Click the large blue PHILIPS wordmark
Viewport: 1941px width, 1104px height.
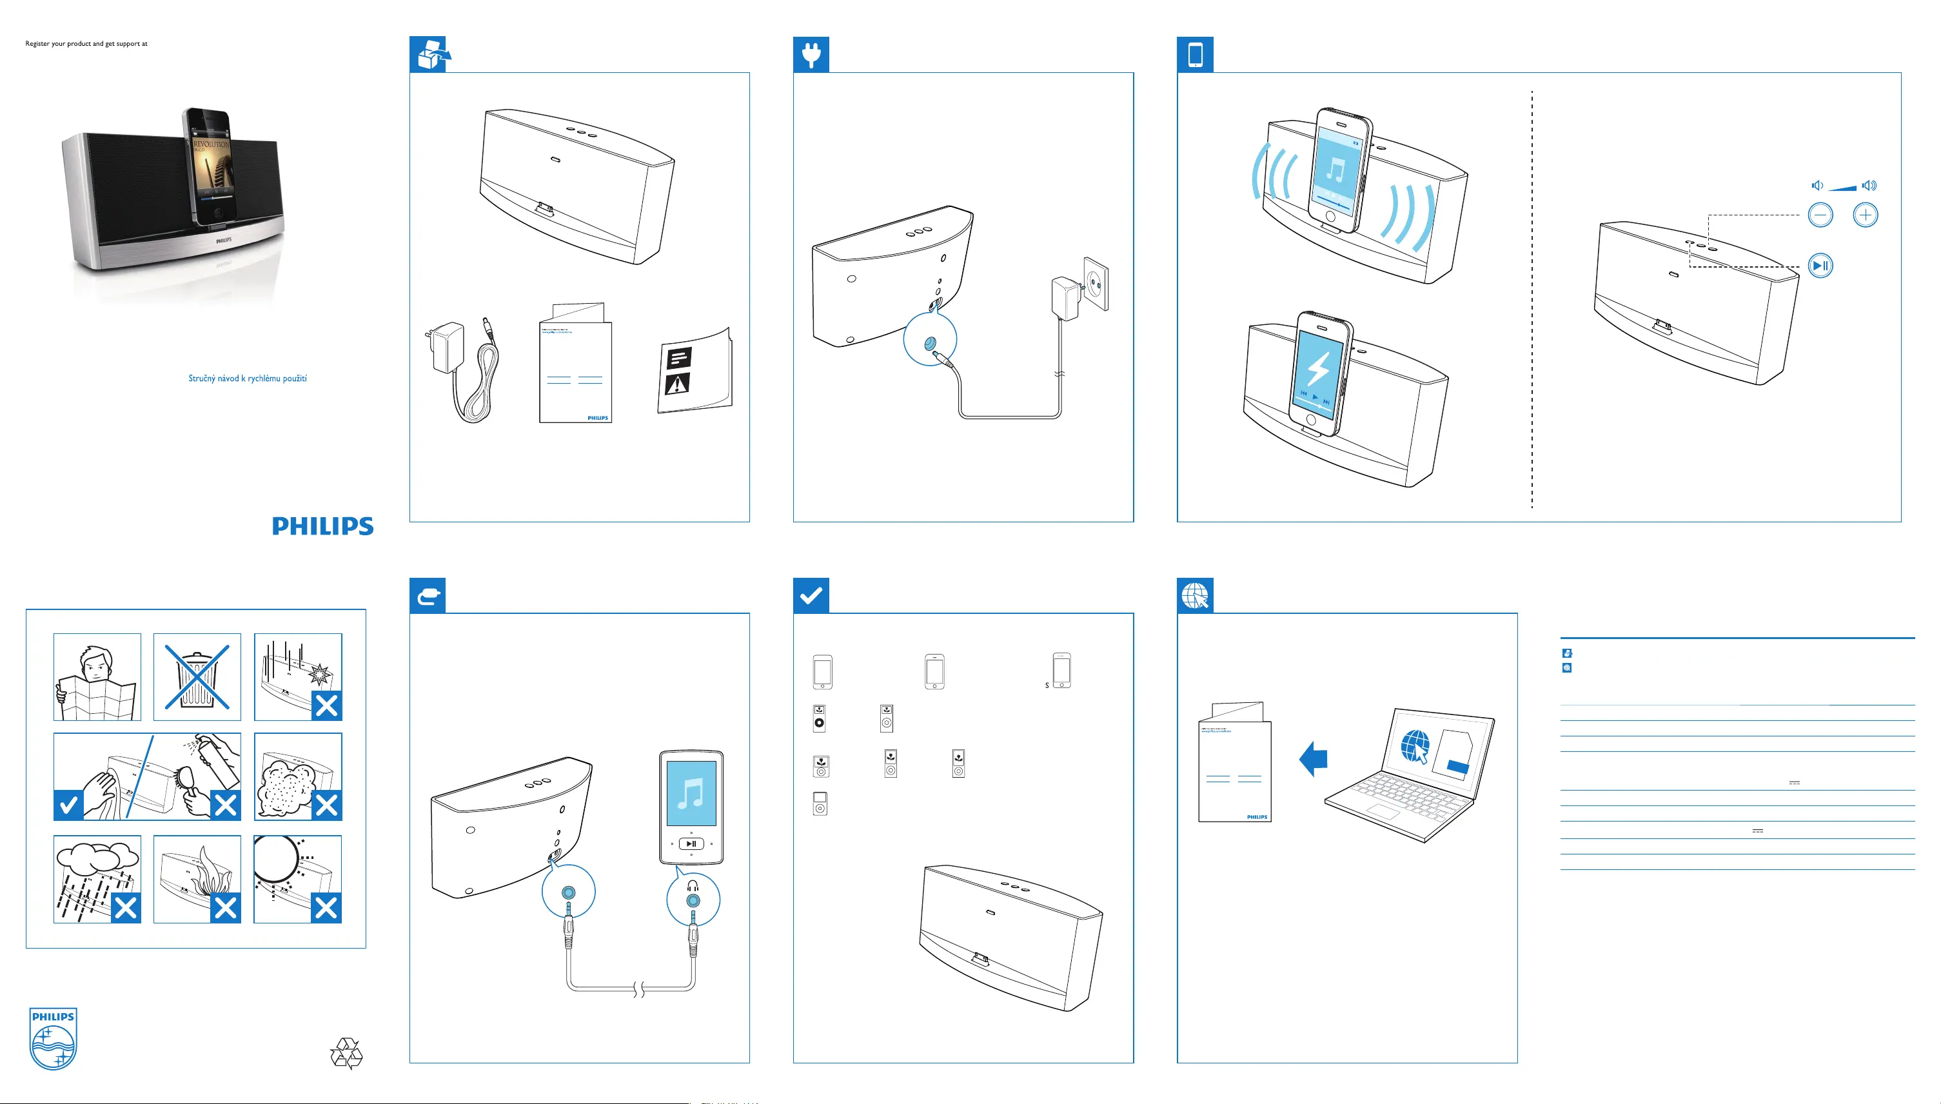323,526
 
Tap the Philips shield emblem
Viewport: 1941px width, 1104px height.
53,1038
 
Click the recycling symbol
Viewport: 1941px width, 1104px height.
346,1053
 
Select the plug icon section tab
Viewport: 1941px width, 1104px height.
811,55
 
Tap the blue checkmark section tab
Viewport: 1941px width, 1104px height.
811,596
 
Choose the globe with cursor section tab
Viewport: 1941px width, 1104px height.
1195,596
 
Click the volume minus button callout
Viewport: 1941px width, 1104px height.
1820,215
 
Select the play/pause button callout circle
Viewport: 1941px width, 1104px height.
1820,266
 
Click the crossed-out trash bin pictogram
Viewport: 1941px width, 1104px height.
197,677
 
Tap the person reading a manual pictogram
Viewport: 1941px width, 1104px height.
97,677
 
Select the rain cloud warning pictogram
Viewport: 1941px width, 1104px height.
97,879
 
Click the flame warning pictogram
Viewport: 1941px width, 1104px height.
197,879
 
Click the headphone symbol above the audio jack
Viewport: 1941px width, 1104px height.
692,885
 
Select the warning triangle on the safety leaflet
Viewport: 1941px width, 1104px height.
676,384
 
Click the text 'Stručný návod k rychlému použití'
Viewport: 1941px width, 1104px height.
247,379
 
